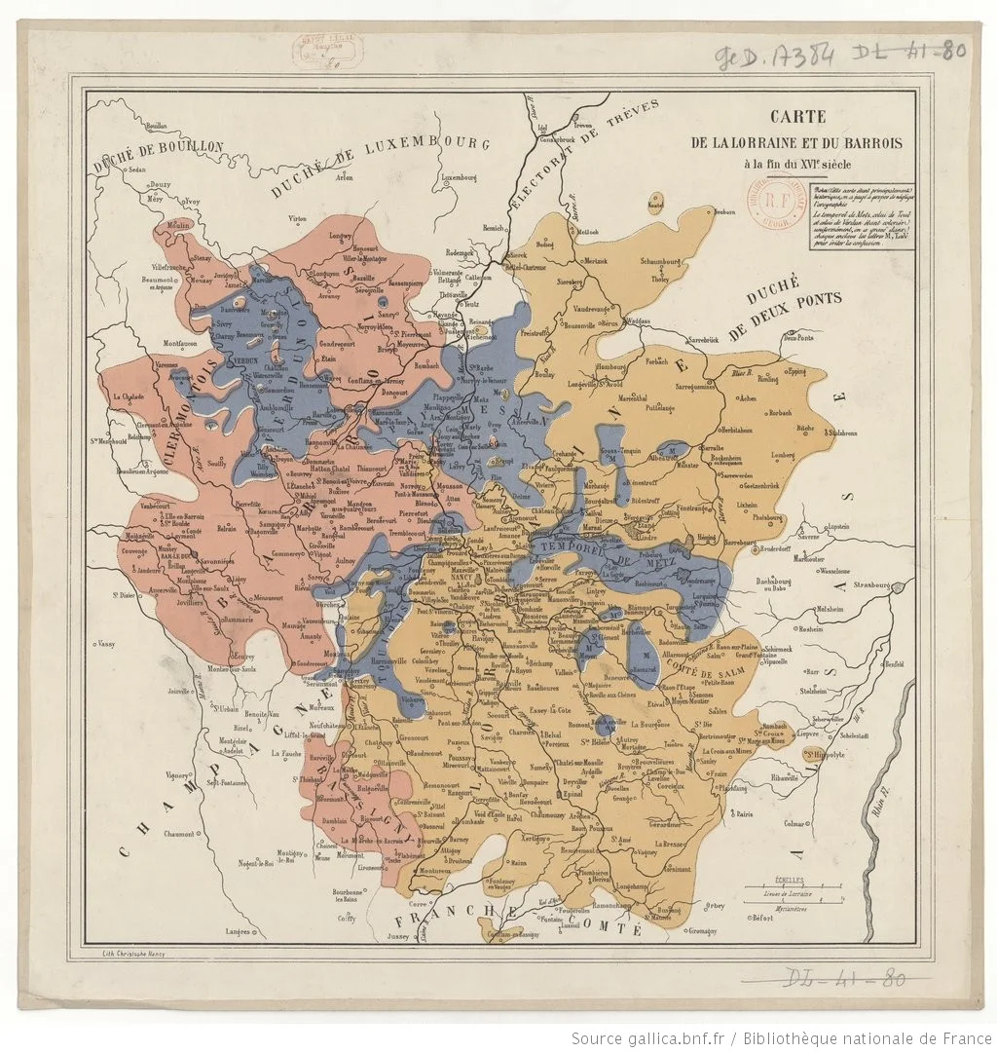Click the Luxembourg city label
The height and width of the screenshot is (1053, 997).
[x=458, y=178]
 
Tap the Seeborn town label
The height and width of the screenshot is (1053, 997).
[x=723, y=211]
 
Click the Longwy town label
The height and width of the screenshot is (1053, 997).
[x=341, y=235]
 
